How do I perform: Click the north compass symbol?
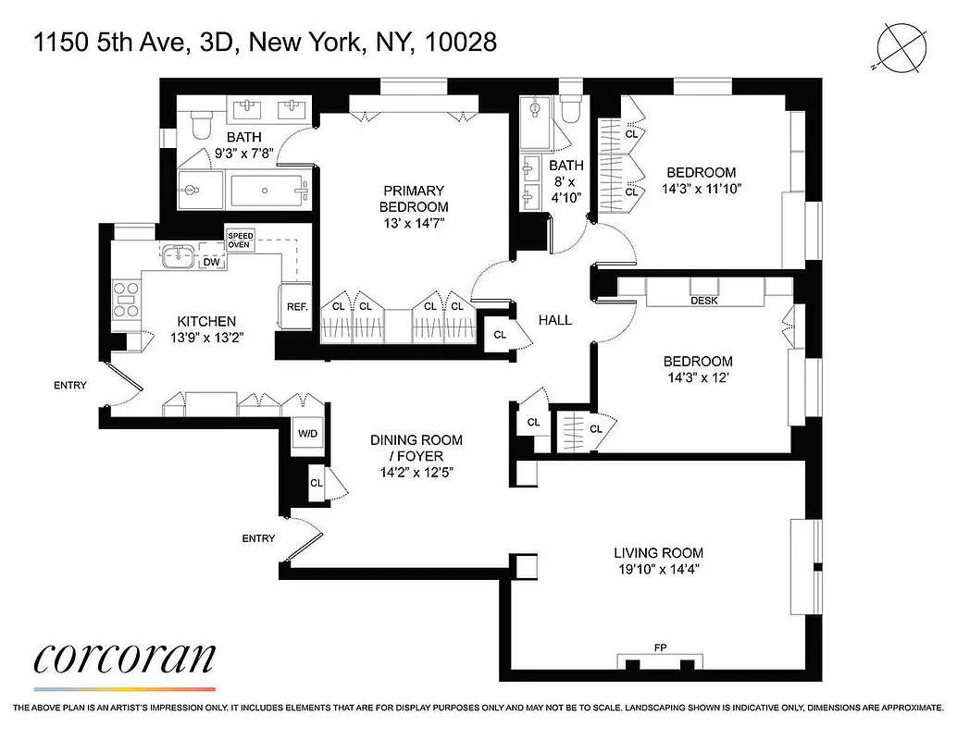902,45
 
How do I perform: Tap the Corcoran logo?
125,659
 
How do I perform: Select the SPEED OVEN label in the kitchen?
240,240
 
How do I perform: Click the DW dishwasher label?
211,262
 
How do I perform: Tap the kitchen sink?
177,254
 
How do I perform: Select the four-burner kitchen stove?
126,299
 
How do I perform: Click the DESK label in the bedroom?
704,301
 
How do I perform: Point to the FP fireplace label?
660,647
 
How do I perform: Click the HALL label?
555,320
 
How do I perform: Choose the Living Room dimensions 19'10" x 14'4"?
659,569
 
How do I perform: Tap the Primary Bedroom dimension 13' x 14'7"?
413,224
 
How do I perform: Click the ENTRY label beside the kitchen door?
70,385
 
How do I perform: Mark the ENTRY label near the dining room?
258,538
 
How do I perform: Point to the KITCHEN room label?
206,321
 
